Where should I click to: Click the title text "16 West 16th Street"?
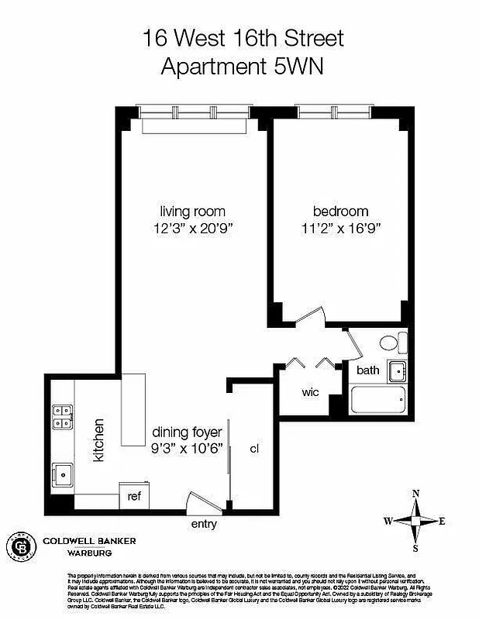tap(242, 37)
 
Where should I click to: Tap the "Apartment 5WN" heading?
tap(242, 66)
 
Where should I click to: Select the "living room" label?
tap(193, 211)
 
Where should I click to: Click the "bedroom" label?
tap(340, 211)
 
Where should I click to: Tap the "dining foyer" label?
tap(187, 432)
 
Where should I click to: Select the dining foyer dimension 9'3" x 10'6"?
tap(187, 448)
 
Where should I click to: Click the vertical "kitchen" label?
tap(98, 441)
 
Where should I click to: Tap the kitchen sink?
tap(61, 473)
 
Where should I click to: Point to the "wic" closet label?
tap(310, 391)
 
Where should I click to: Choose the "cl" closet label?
tap(253, 448)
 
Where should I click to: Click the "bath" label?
tap(367, 370)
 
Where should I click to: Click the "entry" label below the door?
tap(204, 524)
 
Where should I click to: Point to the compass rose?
tap(415, 520)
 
